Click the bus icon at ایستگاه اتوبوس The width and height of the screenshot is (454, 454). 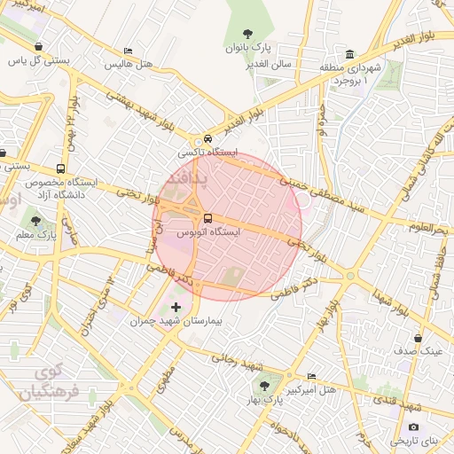tap(207, 218)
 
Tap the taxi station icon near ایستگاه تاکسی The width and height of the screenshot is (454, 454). tap(207, 139)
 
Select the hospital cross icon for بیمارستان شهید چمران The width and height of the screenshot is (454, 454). tap(176, 308)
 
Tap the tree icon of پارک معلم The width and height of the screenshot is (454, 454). tap(35, 221)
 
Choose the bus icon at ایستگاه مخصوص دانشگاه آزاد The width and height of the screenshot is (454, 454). tap(60, 168)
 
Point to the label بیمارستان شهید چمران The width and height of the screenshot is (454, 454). tap(175, 323)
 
